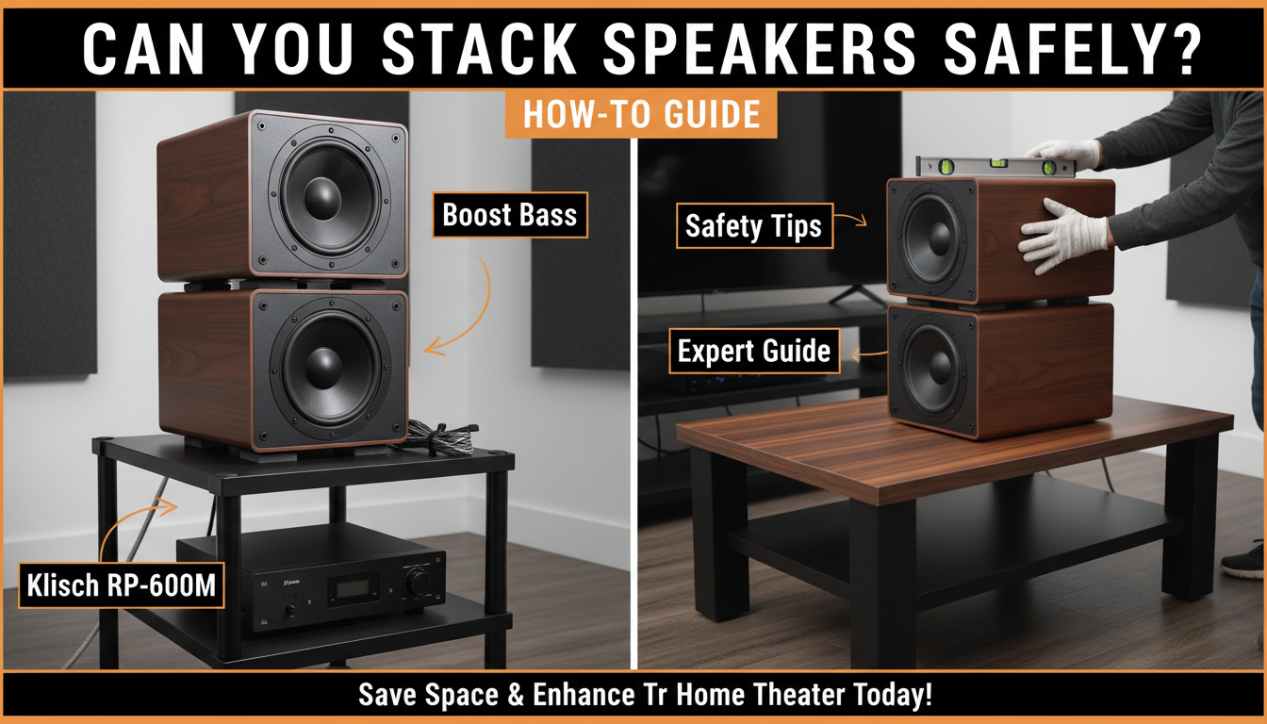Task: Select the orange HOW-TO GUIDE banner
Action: (x=641, y=114)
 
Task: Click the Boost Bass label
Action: (x=509, y=216)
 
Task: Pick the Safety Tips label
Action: (x=753, y=226)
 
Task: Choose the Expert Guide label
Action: (x=753, y=352)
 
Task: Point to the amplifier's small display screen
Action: (x=353, y=588)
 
